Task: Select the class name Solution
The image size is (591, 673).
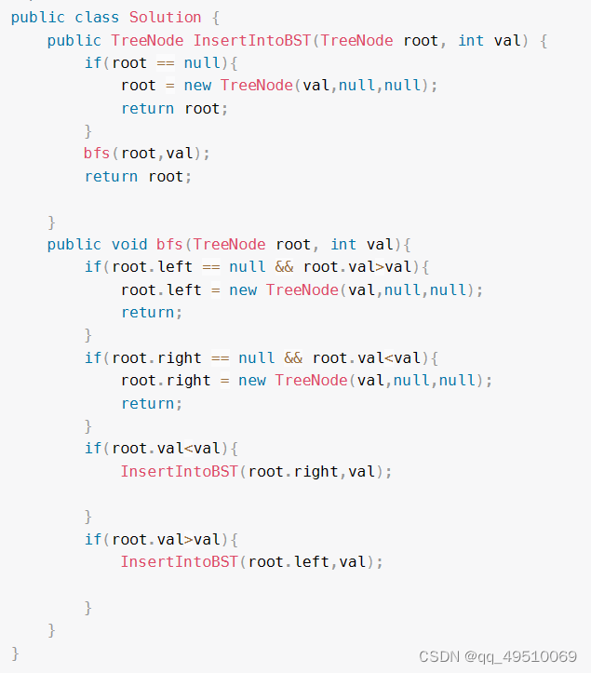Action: tap(166, 17)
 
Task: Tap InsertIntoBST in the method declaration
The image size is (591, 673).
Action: tap(252, 40)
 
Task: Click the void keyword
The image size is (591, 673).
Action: tap(129, 244)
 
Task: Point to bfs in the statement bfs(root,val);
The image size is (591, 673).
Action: tap(97, 153)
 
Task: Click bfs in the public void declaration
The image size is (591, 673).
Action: tap(169, 244)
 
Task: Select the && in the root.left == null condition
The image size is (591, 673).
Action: tap(284, 266)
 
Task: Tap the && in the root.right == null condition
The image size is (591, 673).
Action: tap(293, 357)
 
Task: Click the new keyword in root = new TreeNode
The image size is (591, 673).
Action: tap(197, 85)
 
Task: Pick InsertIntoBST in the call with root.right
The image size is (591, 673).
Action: tap(180, 471)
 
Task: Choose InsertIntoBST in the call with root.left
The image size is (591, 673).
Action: tap(180, 561)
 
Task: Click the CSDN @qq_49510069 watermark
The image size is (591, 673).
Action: tap(498, 656)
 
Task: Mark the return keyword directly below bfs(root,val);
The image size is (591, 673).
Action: tap(111, 176)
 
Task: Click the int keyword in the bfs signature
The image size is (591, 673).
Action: tap(343, 244)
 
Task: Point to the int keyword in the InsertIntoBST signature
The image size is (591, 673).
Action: tap(471, 40)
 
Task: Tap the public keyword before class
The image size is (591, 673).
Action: tap(38, 17)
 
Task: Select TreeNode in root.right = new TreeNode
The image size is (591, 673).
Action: tap(312, 380)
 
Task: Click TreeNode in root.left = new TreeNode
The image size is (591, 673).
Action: tap(302, 289)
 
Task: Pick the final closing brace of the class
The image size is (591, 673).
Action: tap(15, 652)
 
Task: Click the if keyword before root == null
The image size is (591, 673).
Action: tap(93, 62)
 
